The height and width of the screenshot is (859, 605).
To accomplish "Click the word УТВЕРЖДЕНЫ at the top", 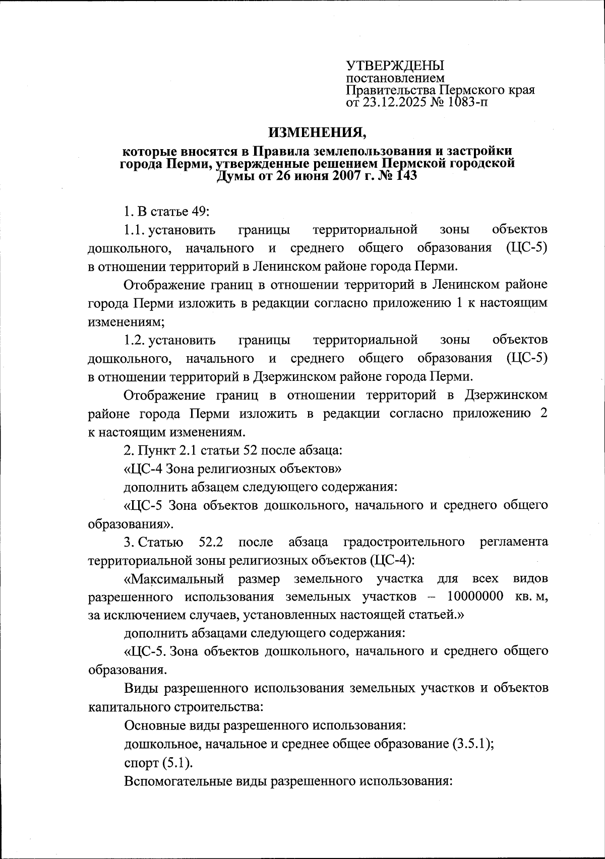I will click(x=395, y=65).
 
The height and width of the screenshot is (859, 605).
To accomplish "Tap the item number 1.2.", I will click(x=134, y=341).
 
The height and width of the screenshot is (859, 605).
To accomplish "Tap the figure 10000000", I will click(x=475, y=597).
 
